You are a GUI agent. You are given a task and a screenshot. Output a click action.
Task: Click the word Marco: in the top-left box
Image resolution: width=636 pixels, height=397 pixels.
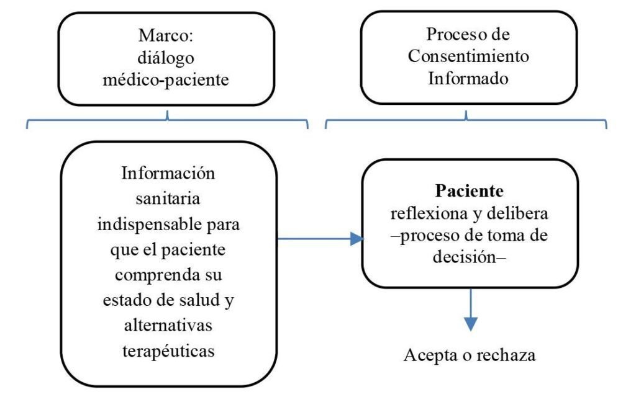point(165,35)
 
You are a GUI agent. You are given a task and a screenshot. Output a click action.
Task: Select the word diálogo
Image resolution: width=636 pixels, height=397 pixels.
point(165,58)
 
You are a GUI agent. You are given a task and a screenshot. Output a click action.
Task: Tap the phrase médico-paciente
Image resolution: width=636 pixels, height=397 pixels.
point(165,80)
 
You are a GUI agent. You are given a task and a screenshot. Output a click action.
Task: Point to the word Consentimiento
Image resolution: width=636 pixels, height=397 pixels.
point(468,56)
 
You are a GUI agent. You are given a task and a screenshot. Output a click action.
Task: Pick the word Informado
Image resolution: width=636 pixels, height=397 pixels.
point(468,78)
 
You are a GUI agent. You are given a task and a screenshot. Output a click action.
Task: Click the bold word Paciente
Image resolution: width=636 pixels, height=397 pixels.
point(470,191)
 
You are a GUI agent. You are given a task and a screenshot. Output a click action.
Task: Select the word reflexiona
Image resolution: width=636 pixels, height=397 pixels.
point(429,213)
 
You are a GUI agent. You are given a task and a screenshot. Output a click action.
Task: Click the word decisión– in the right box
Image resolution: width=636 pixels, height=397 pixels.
point(470,257)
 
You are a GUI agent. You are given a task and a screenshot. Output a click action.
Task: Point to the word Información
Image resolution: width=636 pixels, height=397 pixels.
point(168,174)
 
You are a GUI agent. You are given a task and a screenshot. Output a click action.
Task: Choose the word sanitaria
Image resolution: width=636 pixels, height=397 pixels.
point(168,199)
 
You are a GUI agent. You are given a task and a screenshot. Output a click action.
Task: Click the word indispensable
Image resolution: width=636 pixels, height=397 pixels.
point(149,225)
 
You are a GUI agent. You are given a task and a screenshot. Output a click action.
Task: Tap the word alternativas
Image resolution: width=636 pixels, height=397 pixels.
point(168,325)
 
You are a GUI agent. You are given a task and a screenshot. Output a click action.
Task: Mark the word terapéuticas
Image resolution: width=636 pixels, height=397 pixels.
point(168,351)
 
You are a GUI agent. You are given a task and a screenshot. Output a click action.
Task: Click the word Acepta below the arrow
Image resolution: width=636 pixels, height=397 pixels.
point(431,355)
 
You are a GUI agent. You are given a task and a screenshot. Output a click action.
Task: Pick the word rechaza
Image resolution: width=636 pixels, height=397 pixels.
point(506,355)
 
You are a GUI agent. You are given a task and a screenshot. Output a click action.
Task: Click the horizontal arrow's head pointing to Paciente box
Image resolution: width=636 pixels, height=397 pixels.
point(357,239)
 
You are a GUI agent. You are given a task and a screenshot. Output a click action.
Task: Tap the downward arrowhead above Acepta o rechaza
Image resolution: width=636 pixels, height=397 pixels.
point(471,324)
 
